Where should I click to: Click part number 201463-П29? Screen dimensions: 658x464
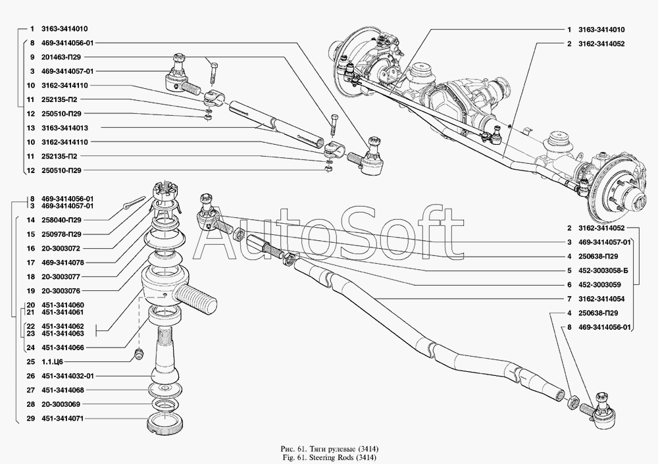pos(66,57)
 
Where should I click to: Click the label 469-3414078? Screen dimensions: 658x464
pos(66,262)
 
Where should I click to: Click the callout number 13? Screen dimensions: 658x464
pos(30,128)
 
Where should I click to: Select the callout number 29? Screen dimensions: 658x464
pos(30,418)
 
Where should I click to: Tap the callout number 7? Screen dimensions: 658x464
pos(568,298)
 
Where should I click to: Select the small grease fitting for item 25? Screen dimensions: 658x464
pos(138,355)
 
